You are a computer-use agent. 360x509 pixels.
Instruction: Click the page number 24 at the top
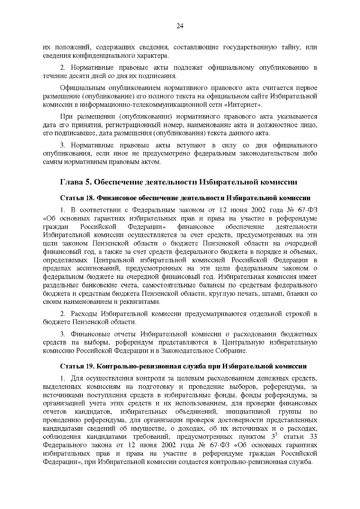point(180,26)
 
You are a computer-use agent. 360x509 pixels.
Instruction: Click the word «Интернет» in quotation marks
point(242,105)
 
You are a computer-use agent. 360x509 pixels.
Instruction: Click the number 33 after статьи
point(313,436)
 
